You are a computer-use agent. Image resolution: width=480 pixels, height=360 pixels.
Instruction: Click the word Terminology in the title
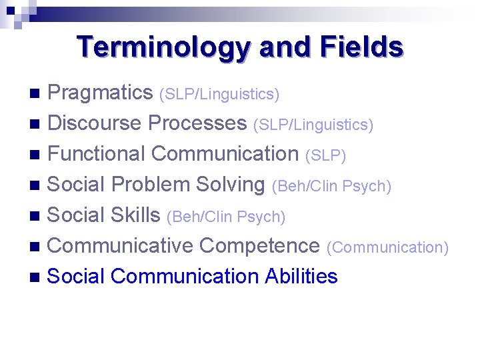163,47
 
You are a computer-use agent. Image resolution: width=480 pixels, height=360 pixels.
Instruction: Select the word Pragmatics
101,93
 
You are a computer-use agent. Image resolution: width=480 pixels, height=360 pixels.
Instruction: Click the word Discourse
95,123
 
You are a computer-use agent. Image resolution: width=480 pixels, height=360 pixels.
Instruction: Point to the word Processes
197,123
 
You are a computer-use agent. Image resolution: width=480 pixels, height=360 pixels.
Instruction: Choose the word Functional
97,154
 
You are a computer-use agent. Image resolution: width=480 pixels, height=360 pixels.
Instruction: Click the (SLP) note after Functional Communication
325,155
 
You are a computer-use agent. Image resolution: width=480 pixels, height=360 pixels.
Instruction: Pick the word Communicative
121,246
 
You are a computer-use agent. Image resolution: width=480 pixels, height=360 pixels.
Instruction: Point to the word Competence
259,246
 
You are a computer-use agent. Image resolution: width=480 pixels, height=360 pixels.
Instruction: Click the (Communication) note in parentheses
387,247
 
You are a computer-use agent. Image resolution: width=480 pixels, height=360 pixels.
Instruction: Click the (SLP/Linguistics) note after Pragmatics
219,95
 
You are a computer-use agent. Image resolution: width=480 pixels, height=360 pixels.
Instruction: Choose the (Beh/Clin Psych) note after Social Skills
226,217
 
